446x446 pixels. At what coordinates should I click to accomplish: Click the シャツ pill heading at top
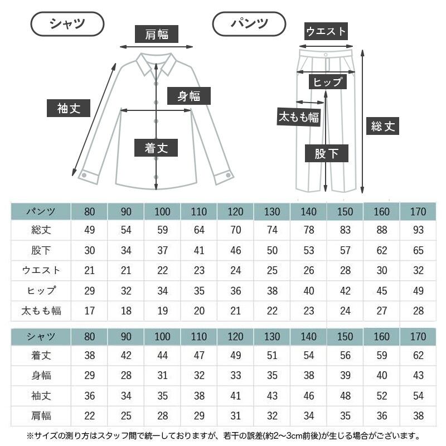[67, 24]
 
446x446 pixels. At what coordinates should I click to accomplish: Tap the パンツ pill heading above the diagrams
[249, 24]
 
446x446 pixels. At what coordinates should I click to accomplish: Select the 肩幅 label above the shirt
[157, 34]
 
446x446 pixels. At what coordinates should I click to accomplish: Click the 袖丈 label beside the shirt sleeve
[69, 108]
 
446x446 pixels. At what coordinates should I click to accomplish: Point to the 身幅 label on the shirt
[189, 96]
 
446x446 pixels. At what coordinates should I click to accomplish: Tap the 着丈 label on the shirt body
[156, 148]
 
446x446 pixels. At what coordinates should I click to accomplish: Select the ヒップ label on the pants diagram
[328, 82]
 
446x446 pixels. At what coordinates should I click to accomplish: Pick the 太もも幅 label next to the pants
[299, 117]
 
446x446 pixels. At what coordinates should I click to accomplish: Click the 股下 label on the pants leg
[327, 153]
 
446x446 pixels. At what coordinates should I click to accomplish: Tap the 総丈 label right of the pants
[382, 126]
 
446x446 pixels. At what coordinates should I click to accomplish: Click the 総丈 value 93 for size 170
[418, 230]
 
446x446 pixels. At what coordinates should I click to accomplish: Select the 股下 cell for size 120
[235, 250]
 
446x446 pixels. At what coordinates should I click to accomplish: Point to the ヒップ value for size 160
[382, 290]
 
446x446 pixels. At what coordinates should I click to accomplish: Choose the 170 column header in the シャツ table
[418, 337]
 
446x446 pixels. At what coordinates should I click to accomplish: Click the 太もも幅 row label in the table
[41, 311]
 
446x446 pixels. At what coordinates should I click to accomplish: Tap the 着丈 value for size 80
[90, 355]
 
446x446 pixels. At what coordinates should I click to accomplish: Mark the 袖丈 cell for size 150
[345, 396]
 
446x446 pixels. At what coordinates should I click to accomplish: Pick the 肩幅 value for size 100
[162, 416]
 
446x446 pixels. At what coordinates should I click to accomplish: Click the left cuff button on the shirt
[84, 175]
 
